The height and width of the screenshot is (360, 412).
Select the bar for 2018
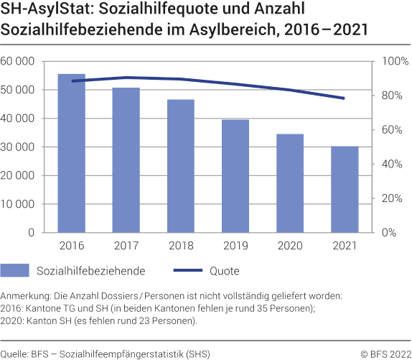[x=182, y=166]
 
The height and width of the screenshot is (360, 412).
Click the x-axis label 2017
[x=126, y=246]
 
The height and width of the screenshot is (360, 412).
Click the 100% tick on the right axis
[x=393, y=62]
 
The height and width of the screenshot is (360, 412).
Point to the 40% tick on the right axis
[x=393, y=165]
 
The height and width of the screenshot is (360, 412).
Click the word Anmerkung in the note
[x=26, y=296]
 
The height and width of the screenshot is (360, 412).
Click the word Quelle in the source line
[x=14, y=354]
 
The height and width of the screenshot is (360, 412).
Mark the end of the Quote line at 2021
[x=345, y=98]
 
